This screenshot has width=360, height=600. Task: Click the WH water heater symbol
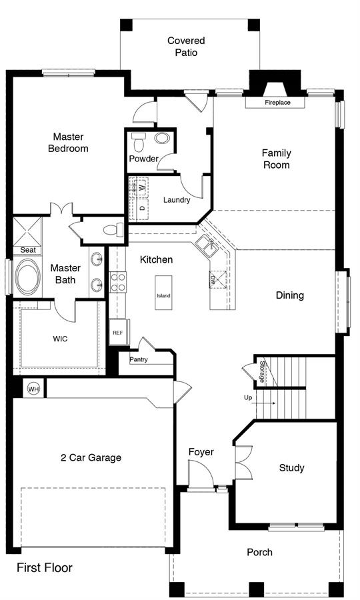[33, 389]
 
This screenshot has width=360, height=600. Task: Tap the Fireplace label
[277, 103]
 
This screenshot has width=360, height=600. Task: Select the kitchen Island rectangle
[163, 293]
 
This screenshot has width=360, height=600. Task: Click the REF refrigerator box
[118, 333]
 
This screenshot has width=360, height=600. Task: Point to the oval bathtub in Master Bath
[28, 277]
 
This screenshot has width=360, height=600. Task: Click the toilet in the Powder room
[138, 141]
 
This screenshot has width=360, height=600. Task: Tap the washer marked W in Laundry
[141, 187]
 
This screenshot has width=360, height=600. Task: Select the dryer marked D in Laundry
[142, 209]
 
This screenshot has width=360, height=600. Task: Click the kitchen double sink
[207, 245]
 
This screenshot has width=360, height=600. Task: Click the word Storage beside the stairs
[263, 371]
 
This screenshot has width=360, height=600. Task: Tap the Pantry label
[139, 360]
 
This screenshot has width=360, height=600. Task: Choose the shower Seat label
[28, 250]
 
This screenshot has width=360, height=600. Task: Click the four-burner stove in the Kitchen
[118, 282]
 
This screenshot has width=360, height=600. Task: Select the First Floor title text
[45, 567]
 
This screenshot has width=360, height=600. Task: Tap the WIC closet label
[60, 339]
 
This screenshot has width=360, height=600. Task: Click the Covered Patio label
[186, 46]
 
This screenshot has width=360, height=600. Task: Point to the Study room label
[291, 468]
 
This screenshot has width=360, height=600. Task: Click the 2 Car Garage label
[91, 457]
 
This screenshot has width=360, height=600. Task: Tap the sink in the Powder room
[162, 138]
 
